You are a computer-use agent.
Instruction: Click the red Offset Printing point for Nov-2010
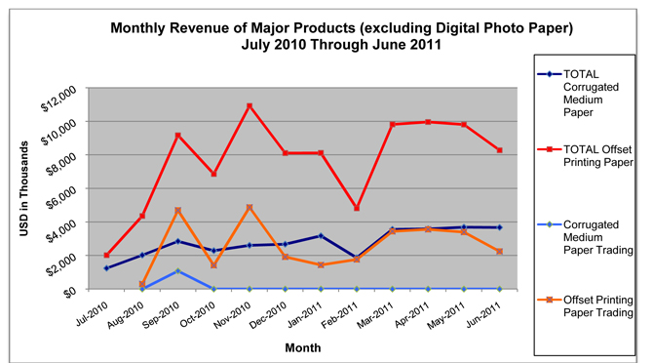tap(250, 106)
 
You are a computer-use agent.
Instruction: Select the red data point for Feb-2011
tap(357, 208)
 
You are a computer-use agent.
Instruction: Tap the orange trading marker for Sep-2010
tap(177, 211)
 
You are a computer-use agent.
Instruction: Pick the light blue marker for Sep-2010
tap(177, 271)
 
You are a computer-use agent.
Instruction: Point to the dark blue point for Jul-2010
tap(106, 268)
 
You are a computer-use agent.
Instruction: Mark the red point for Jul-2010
tap(106, 255)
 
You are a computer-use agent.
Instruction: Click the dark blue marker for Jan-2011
tap(321, 236)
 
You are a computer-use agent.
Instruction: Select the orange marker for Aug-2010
tap(142, 284)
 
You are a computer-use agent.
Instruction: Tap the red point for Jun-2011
tap(499, 150)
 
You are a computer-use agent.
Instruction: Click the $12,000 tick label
tap(58, 100)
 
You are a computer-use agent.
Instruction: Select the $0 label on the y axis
tap(70, 293)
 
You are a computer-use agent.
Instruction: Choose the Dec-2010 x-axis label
tap(269, 315)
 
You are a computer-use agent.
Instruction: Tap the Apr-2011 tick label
tap(412, 315)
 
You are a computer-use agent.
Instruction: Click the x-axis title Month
tap(303, 348)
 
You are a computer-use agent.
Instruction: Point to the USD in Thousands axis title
tap(24, 188)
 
